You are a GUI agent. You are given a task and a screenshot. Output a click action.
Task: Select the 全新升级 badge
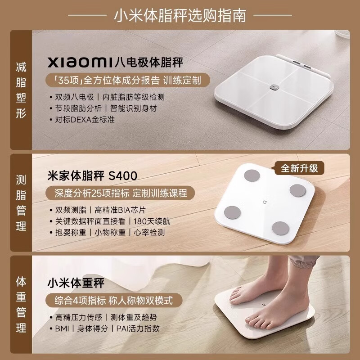[300, 168]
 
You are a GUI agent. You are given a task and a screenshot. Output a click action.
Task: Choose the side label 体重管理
[21, 306]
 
